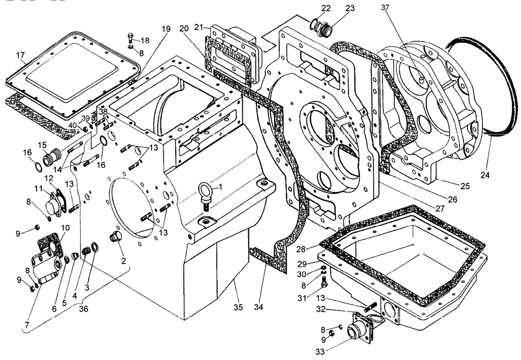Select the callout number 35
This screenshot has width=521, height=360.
click(x=238, y=307)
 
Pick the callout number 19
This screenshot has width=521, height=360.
click(x=166, y=29)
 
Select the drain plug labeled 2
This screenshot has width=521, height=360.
click(x=114, y=239)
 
